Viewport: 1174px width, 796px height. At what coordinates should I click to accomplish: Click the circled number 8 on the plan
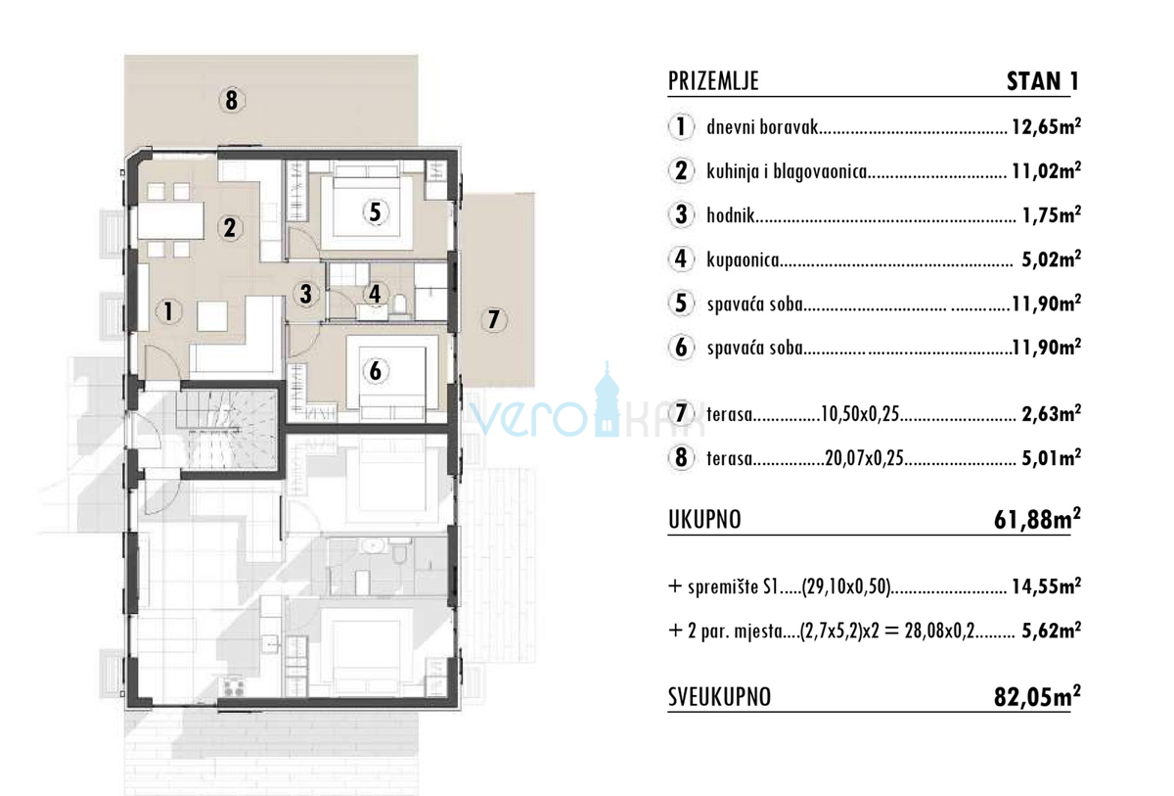pos(232,100)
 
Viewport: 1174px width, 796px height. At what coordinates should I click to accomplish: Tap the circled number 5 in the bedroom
pos(376,211)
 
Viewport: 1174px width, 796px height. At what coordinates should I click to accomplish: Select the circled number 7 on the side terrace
pos(494,319)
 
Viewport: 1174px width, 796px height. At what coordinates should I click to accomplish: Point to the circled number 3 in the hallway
pos(306,294)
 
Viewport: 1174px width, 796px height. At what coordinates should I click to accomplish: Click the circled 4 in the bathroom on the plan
pos(375,294)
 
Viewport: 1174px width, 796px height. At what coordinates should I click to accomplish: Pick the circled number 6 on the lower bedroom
pos(376,371)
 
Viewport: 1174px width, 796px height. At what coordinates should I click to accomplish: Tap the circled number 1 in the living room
pos(168,311)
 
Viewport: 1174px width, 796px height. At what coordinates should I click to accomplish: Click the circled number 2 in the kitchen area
pos(230,227)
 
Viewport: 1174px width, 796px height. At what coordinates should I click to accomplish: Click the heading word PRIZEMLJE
pos(713,81)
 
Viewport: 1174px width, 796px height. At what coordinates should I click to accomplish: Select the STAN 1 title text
pos(1043,81)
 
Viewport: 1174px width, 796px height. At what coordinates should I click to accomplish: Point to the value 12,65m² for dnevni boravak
pos(1046,127)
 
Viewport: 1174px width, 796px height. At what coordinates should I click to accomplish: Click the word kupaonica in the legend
pos(743,260)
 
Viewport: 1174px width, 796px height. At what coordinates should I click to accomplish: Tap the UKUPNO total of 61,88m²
pos(1037,519)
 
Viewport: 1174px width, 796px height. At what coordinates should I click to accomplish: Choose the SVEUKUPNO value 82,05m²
pos(1037,696)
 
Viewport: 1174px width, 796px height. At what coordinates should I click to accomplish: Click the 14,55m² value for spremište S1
pos(1046,585)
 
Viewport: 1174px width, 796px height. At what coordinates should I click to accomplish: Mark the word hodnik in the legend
pos(730,215)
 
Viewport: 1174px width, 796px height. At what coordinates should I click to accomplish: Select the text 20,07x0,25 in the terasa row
pos(864,458)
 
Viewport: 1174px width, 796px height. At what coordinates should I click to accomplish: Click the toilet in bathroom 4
pos(400,304)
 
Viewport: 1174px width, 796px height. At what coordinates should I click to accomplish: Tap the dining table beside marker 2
pos(170,220)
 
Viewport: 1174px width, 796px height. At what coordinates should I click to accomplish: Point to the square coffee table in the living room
pos(212,315)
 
